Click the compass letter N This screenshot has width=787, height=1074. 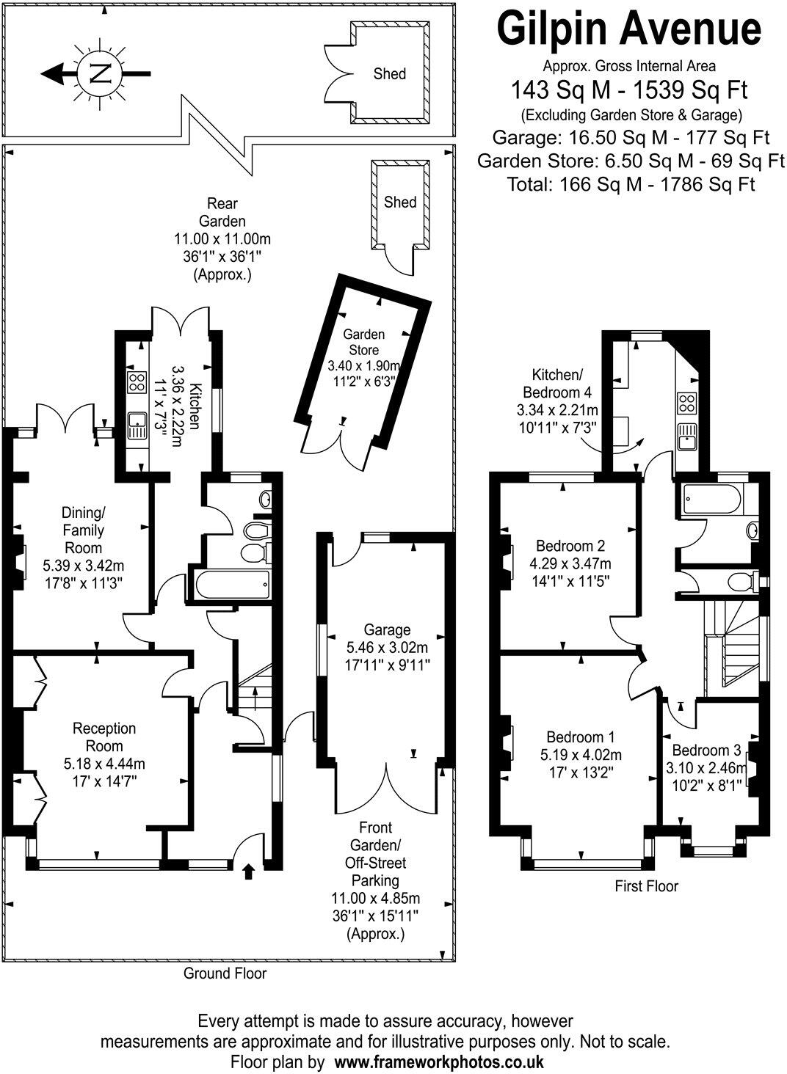pyautogui.click(x=98, y=73)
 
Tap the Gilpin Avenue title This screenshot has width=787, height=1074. pyautogui.click(x=629, y=30)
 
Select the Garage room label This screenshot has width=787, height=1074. pyautogui.click(x=387, y=629)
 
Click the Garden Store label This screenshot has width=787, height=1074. pyautogui.click(x=363, y=341)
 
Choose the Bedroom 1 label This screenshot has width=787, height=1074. pyautogui.click(x=581, y=737)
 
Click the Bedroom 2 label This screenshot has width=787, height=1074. pyautogui.click(x=570, y=546)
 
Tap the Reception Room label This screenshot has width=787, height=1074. pyautogui.click(x=104, y=728)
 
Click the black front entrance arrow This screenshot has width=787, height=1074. pyautogui.click(x=248, y=871)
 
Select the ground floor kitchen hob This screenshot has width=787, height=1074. pyautogui.click(x=136, y=381)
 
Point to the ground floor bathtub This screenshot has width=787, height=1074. pyautogui.click(x=233, y=584)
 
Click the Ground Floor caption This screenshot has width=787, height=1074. pyautogui.click(x=225, y=973)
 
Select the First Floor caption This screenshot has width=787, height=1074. pyautogui.click(x=646, y=886)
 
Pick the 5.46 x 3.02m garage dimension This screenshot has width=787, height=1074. pyautogui.click(x=388, y=648)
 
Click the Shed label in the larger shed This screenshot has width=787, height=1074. pyautogui.click(x=389, y=73)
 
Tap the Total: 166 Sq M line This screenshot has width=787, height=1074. pyautogui.click(x=631, y=184)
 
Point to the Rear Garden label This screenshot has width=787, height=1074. pyautogui.click(x=222, y=212)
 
